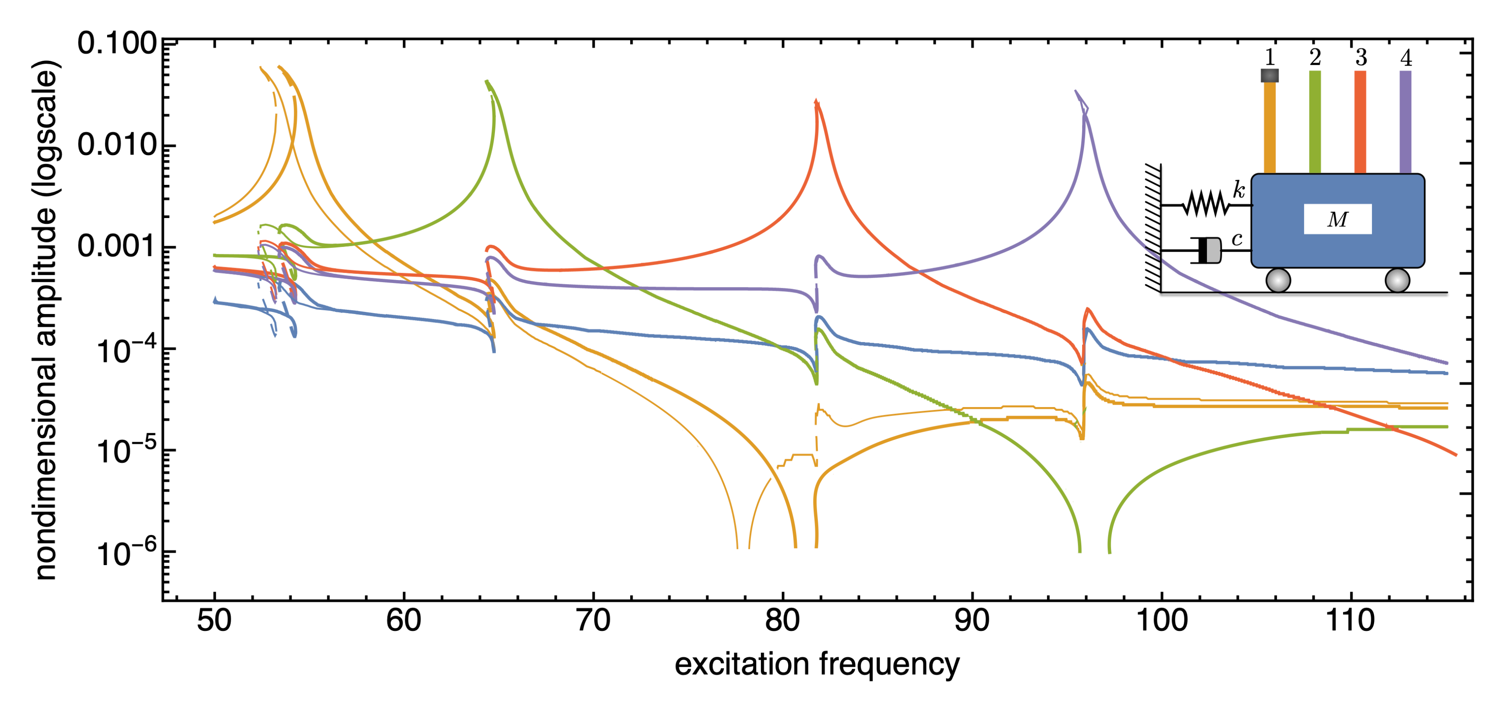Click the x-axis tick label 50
(x=214, y=621)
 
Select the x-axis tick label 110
(x=1350, y=621)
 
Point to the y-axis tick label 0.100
(x=117, y=44)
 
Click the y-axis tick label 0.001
(x=117, y=247)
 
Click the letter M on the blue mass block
(x=1337, y=220)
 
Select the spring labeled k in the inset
(x=1206, y=205)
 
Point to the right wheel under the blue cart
(x=1397, y=280)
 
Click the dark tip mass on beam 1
(x=1270, y=75)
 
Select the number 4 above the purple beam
(x=1406, y=58)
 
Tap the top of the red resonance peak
(x=816, y=102)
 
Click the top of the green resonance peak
(x=487, y=83)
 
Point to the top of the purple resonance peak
(x=1077, y=92)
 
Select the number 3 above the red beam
(x=1360, y=58)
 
